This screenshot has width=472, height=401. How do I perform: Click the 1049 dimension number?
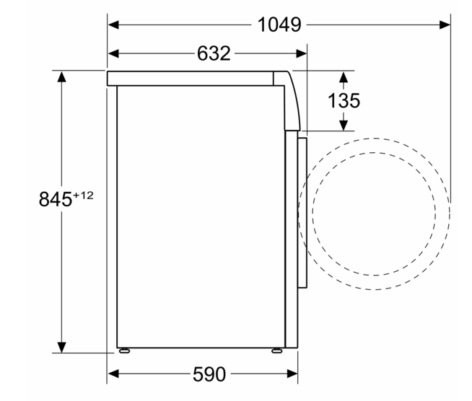[279, 25]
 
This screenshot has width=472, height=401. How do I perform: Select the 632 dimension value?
[214, 53]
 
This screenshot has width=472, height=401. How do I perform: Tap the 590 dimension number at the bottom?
[209, 374]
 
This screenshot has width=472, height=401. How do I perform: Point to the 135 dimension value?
[344, 100]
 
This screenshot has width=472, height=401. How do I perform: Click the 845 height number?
[56, 199]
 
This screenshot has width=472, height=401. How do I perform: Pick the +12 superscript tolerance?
[84, 195]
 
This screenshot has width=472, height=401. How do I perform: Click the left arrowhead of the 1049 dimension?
[113, 25]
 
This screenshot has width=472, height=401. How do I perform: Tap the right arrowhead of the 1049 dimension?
[445, 25]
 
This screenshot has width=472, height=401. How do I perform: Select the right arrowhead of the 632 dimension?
[302, 53]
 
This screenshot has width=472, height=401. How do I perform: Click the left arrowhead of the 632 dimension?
[113, 53]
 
